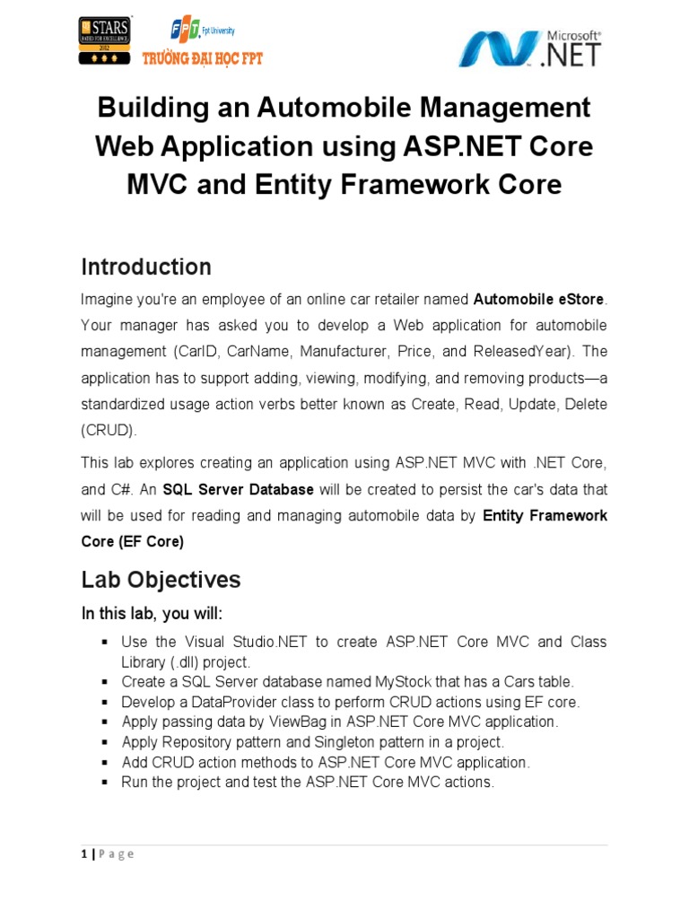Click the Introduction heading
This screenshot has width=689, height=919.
(146, 267)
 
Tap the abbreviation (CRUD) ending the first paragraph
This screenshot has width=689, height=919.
(109, 430)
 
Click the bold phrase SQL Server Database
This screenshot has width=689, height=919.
(237, 490)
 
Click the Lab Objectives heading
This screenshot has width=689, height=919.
(161, 580)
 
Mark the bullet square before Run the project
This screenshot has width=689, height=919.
(105, 783)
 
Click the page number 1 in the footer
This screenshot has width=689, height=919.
(83, 853)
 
